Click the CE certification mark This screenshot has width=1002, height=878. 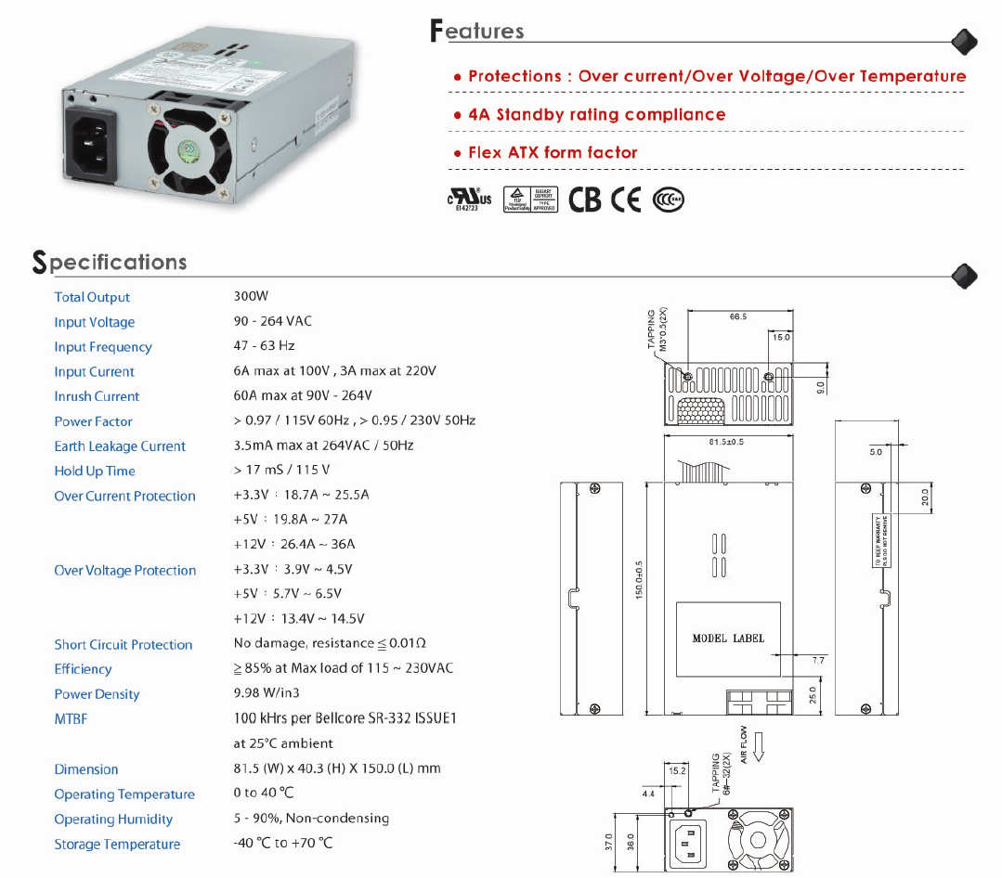(x=626, y=200)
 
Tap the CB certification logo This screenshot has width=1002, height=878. (x=585, y=200)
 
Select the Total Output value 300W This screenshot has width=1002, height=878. (x=251, y=297)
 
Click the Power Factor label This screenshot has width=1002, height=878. (x=93, y=421)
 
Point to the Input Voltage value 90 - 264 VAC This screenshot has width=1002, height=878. (x=273, y=321)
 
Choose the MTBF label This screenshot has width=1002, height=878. (x=71, y=719)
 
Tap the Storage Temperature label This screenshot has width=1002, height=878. (x=117, y=845)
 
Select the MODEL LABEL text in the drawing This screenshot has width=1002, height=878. (x=728, y=639)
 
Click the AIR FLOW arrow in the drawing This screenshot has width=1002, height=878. (x=758, y=745)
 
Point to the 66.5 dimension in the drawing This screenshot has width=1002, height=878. (x=738, y=316)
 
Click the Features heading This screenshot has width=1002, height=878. (x=477, y=31)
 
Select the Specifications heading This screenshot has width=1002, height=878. (x=110, y=262)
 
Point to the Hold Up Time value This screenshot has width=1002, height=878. (x=282, y=471)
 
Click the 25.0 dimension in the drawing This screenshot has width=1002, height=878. (x=813, y=695)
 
